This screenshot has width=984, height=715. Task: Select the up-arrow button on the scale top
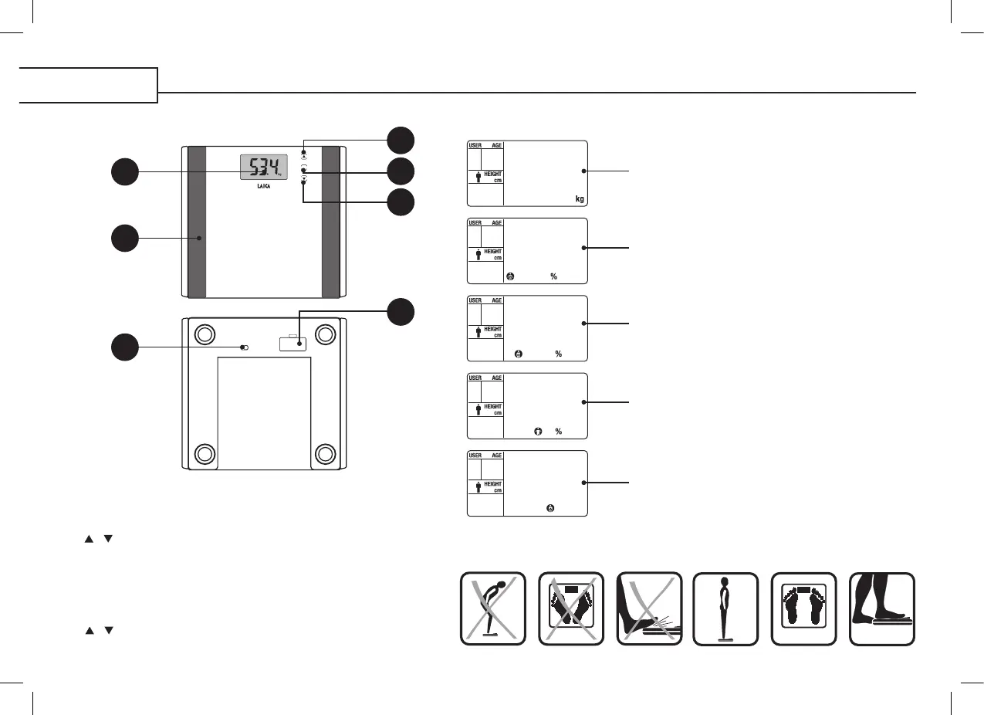tap(304, 155)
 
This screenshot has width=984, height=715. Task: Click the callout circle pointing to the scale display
tap(124, 171)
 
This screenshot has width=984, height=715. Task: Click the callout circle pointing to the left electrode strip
tap(124, 238)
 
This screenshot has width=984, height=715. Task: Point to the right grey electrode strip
tap(331, 221)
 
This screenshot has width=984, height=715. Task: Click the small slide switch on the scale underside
tap(245, 347)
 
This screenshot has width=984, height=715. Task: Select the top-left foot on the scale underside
tap(204, 335)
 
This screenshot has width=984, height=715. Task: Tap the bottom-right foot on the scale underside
tap(325, 452)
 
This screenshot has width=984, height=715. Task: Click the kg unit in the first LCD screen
tap(580, 199)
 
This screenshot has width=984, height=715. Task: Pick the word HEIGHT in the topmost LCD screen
tap(493, 174)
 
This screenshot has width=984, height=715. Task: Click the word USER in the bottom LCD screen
tap(475, 456)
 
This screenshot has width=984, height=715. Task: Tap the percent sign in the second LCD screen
tap(554, 276)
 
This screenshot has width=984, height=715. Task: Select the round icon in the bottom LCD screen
tap(550, 509)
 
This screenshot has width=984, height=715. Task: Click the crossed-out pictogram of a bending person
tap(493, 608)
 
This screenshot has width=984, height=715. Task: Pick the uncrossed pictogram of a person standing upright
tap(725, 608)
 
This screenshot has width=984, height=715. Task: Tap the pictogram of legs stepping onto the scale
tap(881, 608)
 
